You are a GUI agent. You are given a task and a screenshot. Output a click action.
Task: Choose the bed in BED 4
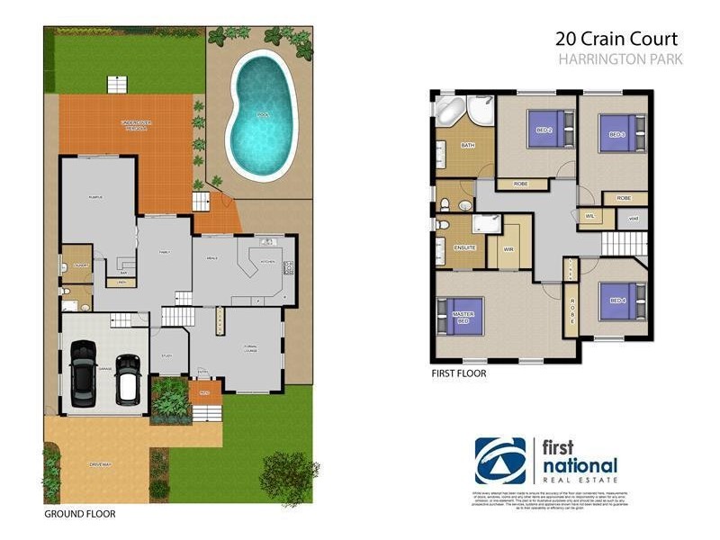click(x=622, y=301)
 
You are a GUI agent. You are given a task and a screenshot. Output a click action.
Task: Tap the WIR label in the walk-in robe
click(x=508, y=249)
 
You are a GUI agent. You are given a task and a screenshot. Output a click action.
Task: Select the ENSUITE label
click(x=464, y=247)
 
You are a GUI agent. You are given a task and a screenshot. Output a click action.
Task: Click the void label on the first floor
click(x=633, y=218)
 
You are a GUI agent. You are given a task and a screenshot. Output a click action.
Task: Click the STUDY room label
click(x=166, y=356)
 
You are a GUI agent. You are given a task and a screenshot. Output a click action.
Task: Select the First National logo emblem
click(x=499, y=462)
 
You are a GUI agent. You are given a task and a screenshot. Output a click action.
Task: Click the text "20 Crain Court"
click(x=616, y=39)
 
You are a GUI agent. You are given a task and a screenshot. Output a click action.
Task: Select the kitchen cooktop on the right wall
click(x=289, y=267)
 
